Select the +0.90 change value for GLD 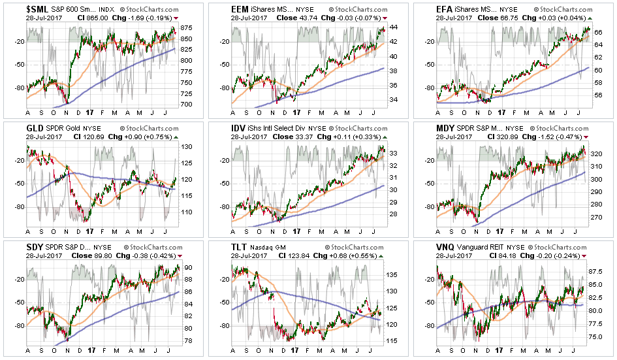(x=124, y=140)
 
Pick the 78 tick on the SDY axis (x=186, y=341)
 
